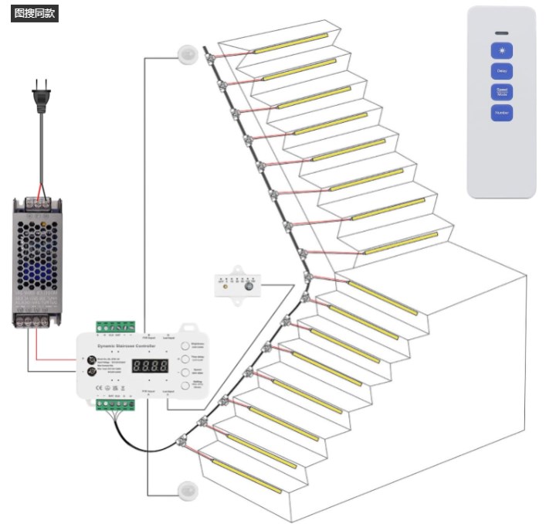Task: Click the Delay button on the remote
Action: [x=502, y=71]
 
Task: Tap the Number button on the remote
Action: [x=502, y=113]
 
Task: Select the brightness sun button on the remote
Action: [x=502, y=51]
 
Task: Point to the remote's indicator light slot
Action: [x=502, y=33]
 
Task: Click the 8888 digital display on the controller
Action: [x=150, y=366]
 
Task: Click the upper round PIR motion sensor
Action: [x=188, y=55]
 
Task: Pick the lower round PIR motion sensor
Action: [x=188, y=490]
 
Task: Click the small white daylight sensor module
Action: [x=239, y=284]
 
